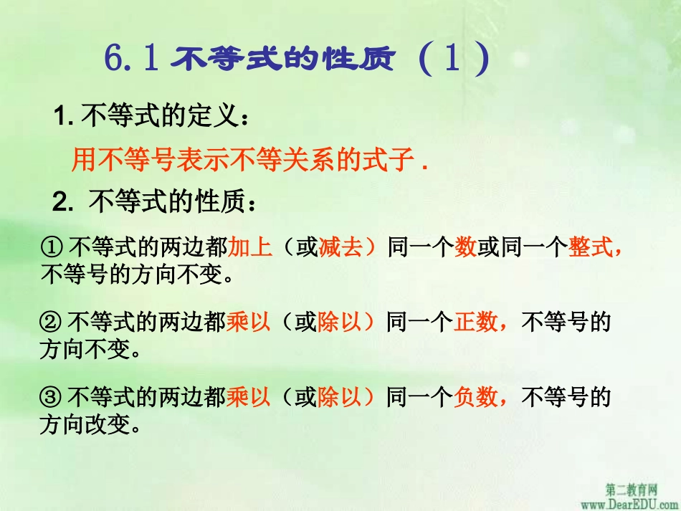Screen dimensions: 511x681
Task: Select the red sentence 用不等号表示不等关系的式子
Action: pyautogui.click(x=250, y=161)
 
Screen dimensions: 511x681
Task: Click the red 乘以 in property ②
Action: pyautogui.click(x=248, y=323)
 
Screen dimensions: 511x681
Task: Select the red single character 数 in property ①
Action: pyautogui.click(x=465, y=248)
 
